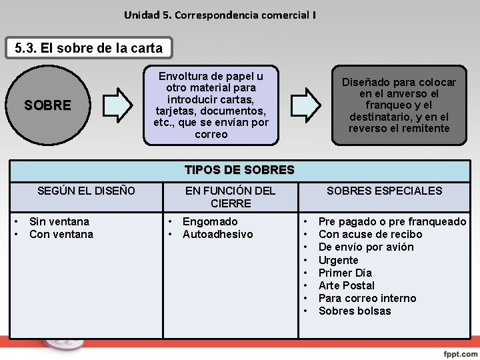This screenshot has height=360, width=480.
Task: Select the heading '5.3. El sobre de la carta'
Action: point(89,48)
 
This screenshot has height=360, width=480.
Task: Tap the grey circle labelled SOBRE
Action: point(47,105)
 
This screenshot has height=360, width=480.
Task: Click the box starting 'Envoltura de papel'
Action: point(211,105)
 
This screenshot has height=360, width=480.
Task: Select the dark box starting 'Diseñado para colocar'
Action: point(399,105)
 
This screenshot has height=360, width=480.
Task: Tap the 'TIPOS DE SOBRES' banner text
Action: point(239,169)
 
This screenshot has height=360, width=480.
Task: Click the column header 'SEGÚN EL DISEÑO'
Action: point(86,191)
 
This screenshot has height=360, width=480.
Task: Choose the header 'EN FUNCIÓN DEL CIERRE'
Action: point(230,197)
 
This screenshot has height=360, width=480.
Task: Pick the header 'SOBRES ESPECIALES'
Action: point(384,191)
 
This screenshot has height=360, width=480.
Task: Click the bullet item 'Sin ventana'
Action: point(59,221)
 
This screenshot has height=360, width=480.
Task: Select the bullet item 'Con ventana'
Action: point(61,234)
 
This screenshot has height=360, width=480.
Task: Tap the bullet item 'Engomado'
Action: point(210,221)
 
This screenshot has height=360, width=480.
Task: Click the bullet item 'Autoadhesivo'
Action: point(217,234)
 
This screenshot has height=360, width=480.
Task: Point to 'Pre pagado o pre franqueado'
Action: point(392,221)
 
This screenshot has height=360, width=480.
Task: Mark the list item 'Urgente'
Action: point(338,260)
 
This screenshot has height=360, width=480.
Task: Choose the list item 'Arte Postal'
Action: point(347,285)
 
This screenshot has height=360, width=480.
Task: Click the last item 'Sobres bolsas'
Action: point(355,311)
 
